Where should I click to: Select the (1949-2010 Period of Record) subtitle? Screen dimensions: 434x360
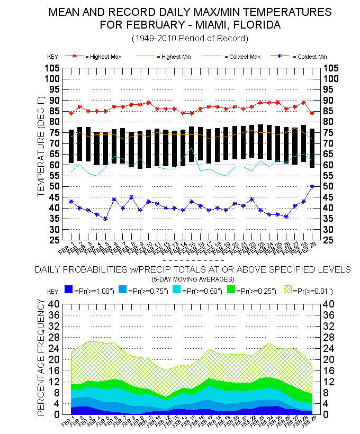pos(190,39)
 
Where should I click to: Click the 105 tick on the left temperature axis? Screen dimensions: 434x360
pos(51,68)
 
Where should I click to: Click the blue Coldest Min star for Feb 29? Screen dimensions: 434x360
pos(312,186)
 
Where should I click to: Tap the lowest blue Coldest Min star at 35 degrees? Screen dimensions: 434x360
pos(105,219)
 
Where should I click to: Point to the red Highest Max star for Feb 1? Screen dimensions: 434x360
pos(71,113)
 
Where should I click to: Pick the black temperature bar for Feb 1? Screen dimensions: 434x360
pos(71,146)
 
